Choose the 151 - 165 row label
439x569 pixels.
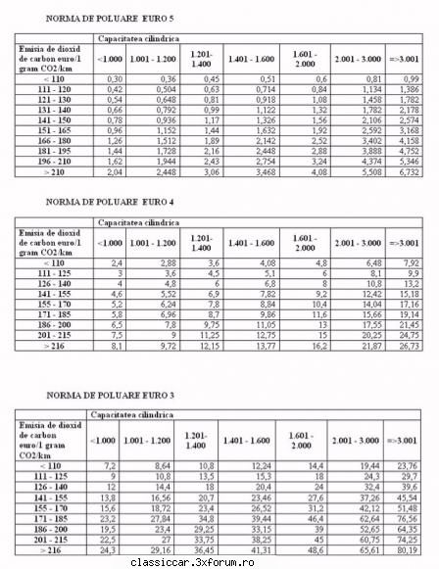coord(54,127)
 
